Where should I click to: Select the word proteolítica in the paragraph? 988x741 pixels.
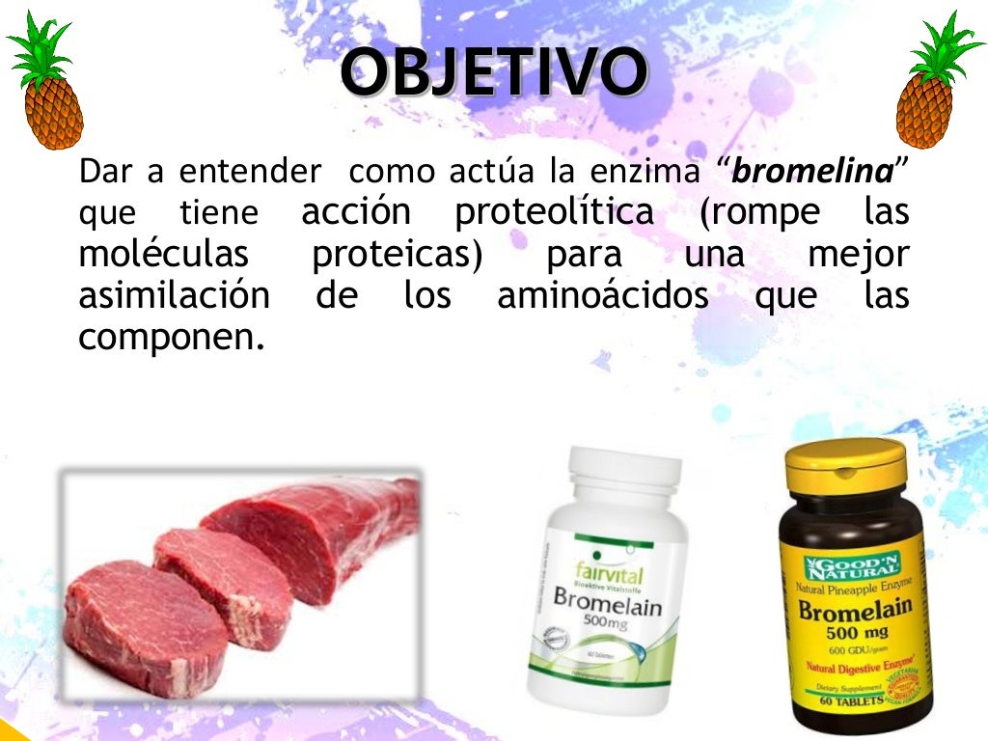tap(553, 212)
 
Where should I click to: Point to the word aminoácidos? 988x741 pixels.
tap(602, 296)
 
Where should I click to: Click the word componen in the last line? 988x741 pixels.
tap(170, 338)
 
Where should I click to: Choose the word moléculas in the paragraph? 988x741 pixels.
tap(163, 255)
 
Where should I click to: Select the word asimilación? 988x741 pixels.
tap(174, 296)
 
